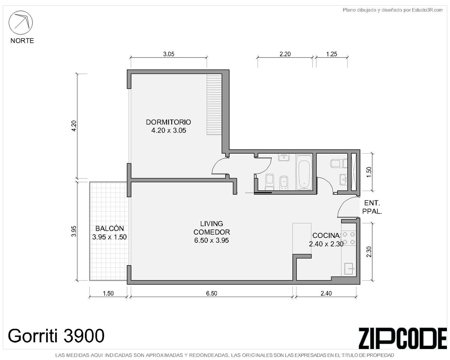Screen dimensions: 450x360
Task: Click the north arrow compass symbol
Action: click(x=21, y=22)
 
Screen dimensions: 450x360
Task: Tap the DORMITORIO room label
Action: click(x=168, y=122)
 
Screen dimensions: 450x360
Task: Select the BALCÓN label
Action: click(x=109, y=228)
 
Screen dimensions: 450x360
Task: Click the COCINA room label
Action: click(x=326, y=235)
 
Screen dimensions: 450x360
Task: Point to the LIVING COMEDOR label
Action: click(x=211, y=228)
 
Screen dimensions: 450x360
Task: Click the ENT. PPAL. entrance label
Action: click(x=372, y=207)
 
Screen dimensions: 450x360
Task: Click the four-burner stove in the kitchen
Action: click(x=349, y=238)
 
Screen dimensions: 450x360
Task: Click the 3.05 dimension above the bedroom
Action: click(x=169, y=54)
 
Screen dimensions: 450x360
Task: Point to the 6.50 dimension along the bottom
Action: click(x=211, y=293)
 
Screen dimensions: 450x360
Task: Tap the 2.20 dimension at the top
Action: click(x=285, y=54)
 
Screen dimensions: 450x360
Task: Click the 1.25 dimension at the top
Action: click(x=331, y=54)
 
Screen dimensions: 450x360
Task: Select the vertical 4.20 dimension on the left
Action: click(x=74, y=126)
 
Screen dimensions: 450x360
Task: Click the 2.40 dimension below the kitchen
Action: click(x=326, y=293)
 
